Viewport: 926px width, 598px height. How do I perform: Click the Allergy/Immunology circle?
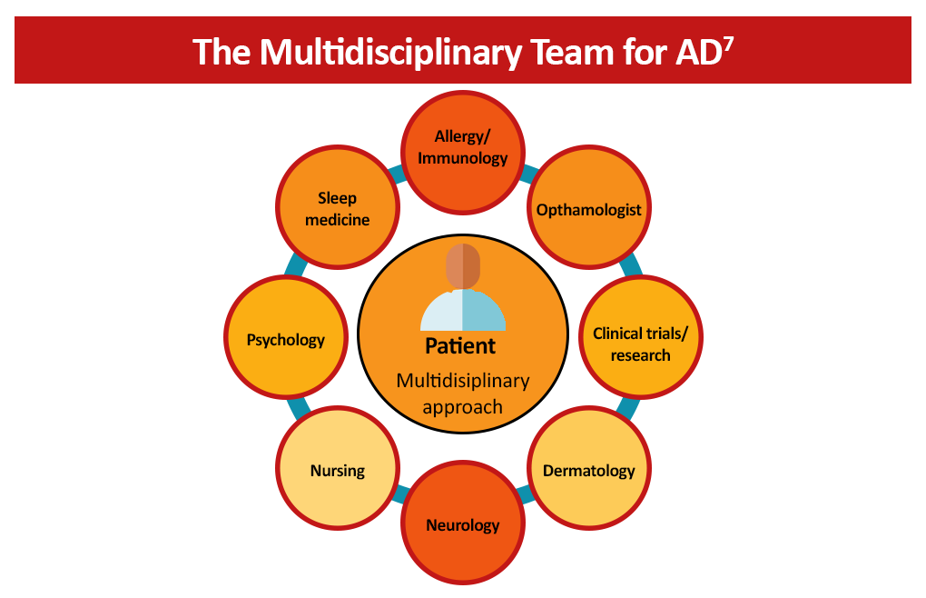(463, 148)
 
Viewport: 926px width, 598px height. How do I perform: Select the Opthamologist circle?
(588, 210)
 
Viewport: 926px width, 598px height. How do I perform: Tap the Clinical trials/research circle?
(640, 343)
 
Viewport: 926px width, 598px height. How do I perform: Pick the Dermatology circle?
(588, 471)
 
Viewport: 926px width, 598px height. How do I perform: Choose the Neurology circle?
(463, 524)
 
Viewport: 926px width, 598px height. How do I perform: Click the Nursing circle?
(338, 471)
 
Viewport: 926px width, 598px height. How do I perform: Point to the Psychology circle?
(285, 340)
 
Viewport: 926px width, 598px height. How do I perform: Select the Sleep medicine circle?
(338, 208)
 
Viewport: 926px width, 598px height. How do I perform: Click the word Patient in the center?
(461, 346)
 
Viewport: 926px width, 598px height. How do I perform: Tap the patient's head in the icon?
(463, 266)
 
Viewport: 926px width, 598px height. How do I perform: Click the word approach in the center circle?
(462, 406)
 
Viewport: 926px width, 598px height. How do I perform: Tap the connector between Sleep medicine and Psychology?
(295, 264)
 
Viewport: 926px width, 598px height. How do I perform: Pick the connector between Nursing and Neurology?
(400, 495)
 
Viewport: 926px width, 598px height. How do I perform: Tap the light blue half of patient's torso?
(485, 312)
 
